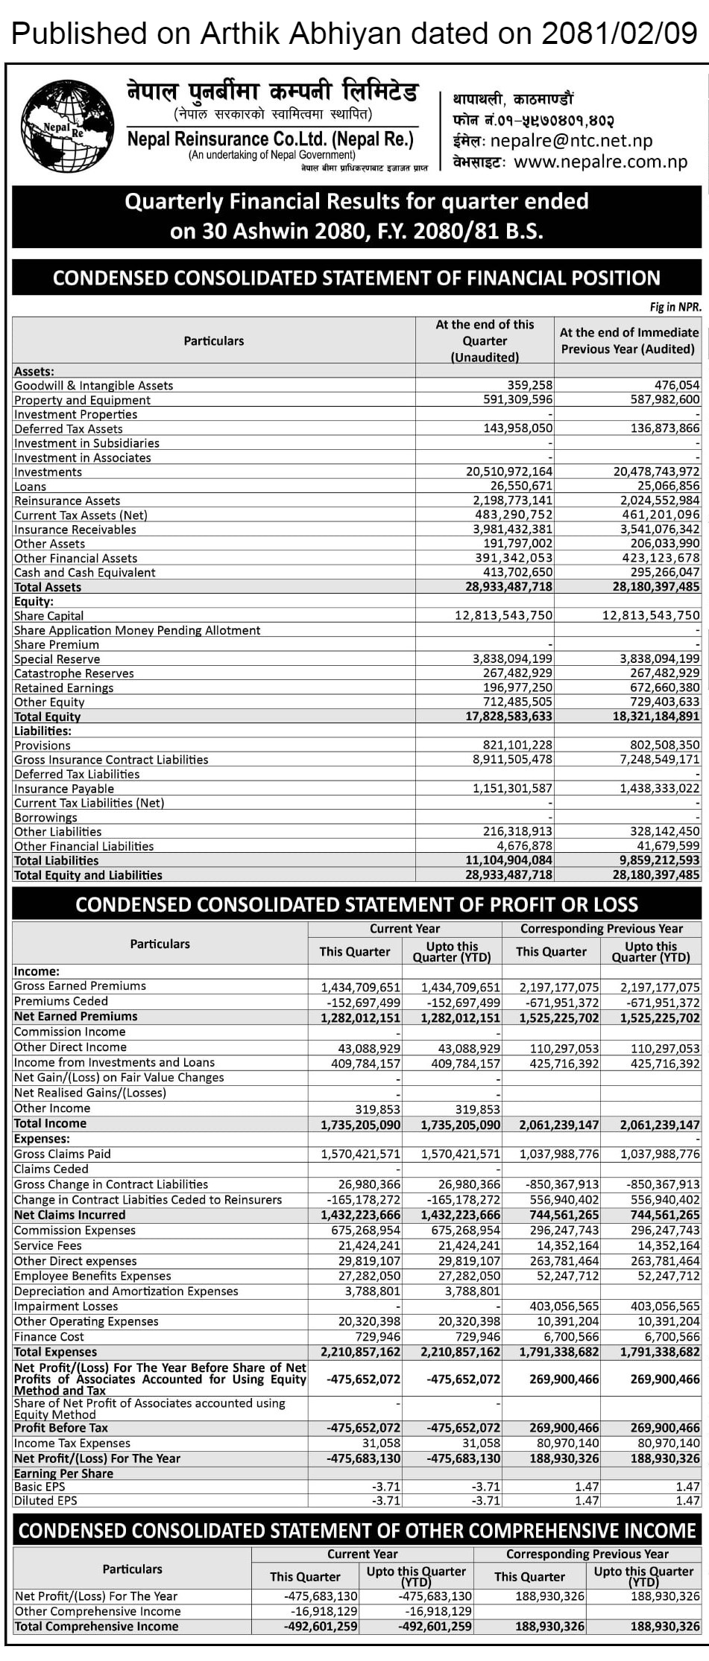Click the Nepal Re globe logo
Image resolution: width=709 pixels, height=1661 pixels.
coord(67,127)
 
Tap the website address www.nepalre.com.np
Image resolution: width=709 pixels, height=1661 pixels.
coord(600,162)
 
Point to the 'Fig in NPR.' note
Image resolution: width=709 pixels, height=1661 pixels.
coord(675,307)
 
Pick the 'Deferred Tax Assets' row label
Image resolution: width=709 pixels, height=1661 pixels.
coord(68,429)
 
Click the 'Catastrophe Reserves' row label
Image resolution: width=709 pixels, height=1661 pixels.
coord(74,673)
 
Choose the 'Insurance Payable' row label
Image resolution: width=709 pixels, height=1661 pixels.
coord(64,789)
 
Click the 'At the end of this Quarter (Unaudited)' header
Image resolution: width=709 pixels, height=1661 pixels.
coord(485,340)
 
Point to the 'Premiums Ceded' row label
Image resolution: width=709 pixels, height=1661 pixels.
coord(61,1001)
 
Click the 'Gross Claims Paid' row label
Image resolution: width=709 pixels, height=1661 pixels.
coord(63,1154)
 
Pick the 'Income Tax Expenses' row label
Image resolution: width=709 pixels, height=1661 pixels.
coord(72,1444)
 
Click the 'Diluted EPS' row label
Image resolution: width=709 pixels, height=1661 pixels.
coord(45,1501)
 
